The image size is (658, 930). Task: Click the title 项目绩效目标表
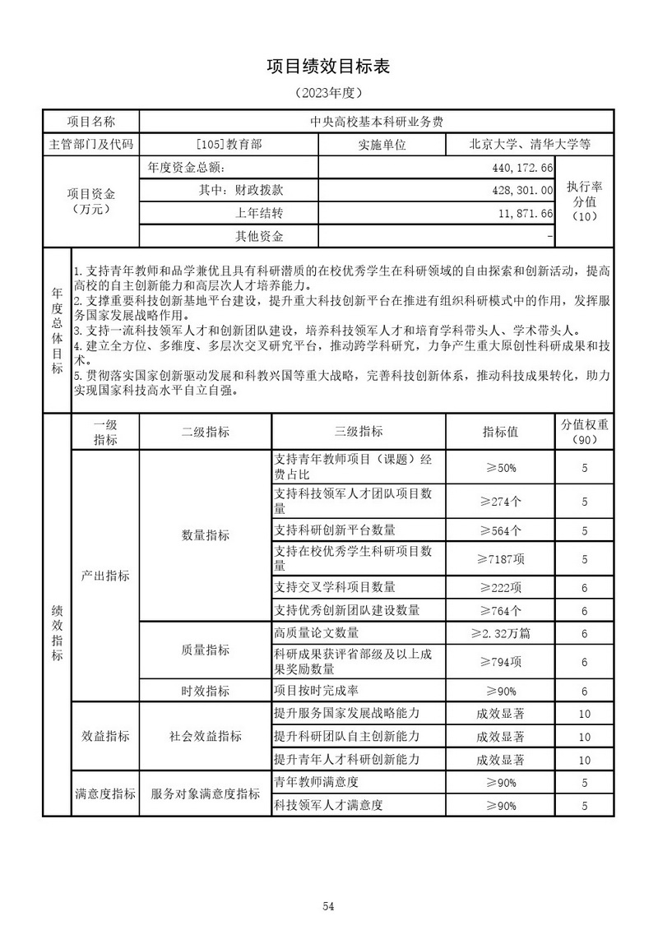click(327, 67)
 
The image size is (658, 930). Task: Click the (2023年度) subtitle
click(327, 93)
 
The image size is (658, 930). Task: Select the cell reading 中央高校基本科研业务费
click(376, 121)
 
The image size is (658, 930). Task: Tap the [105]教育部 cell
click(229, 144)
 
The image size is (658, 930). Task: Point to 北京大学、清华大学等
click(530, 144)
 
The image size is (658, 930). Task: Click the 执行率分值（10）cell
click(583, 201)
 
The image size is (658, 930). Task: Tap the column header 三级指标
click(359, 432)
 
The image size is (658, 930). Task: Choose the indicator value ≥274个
click(500, 501)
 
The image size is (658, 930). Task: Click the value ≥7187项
click(500, 559)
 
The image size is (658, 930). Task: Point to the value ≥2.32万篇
click(500, 633)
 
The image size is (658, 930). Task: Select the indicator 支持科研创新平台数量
click(335, 530)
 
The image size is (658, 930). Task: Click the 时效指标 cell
click(205, 691)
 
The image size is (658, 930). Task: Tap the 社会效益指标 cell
click(205, 736)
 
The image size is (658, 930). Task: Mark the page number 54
click(328, 883)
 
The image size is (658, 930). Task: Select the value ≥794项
click(500, 662)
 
